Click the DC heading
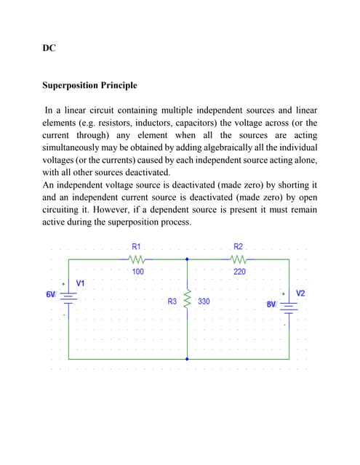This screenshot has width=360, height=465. pyautogui.click(x=49, y=49)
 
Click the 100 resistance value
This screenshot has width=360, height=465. pyautogui.click(x=137, y=272)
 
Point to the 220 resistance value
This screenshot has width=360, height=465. pyautogui.click(x=239, y=272)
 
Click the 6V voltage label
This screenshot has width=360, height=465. pyautogui.click(x=50, y=294)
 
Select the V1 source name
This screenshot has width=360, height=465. pyautogui.click(x=80, y=283)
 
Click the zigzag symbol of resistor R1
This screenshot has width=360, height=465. pyautogui.click(x=137, y=259)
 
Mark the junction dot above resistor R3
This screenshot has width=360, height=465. pyautogui.click(x=188, y=259)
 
